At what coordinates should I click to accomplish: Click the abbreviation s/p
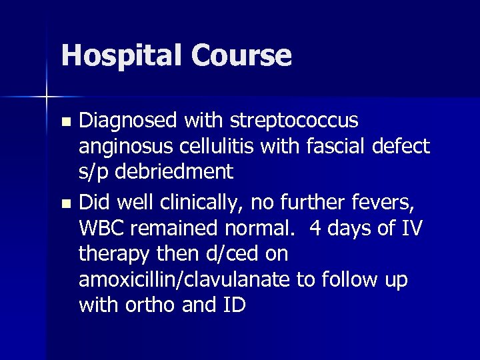coord(95,171)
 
